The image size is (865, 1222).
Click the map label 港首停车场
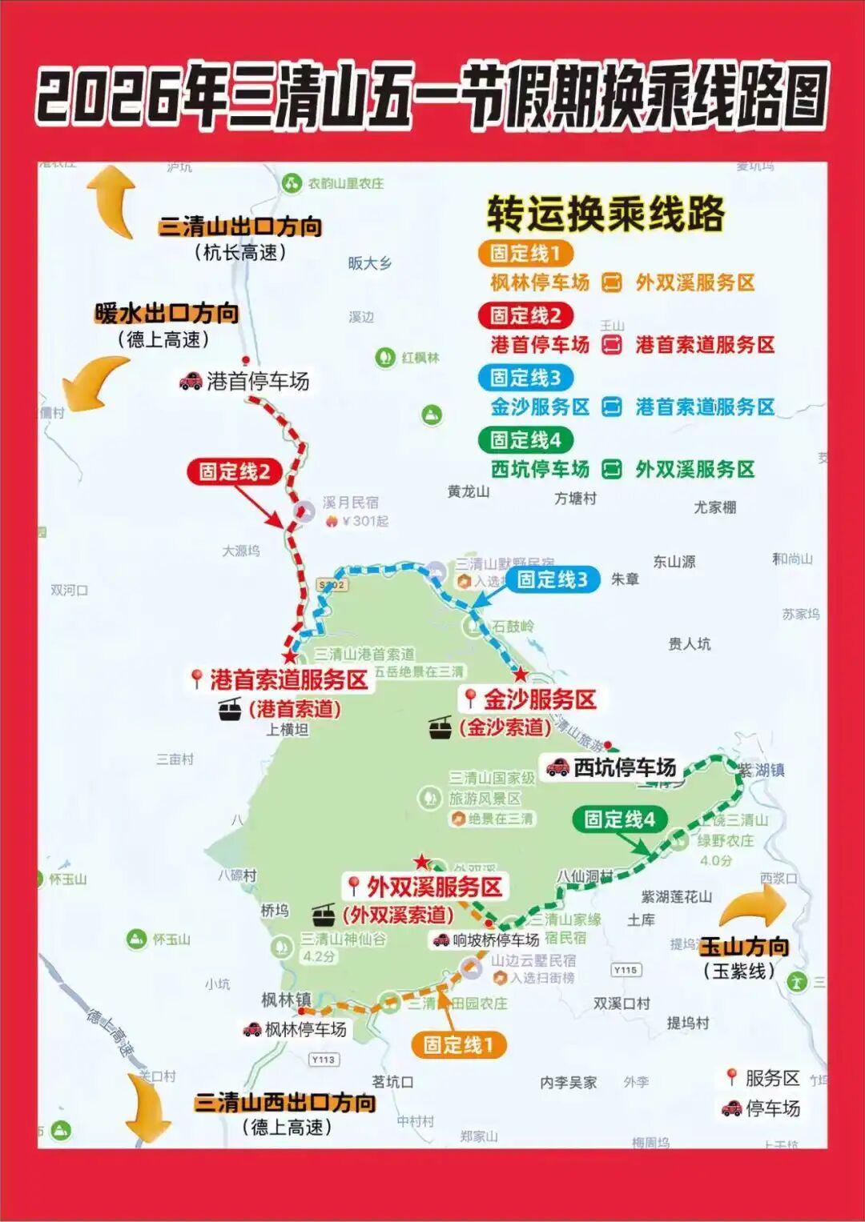(x=257, y=381)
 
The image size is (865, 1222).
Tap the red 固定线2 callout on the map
(x=234, y=471)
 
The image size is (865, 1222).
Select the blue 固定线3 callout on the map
(x=552, y=579)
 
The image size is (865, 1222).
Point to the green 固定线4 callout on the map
(x=619, y=819)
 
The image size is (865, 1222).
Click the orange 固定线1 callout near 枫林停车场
(x=458, y=1044)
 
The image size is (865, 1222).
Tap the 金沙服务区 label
(x=539, y=699)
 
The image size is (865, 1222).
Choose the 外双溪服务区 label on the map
(x=433, y=887)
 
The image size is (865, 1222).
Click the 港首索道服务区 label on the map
(x=288, y=679)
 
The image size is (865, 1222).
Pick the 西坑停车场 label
(x=624, y=767)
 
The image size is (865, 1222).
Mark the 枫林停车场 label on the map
(x=305, y=1029)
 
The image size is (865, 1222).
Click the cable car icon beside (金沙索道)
(x=440, y=727)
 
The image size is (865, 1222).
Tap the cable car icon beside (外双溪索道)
(x=323, y=914)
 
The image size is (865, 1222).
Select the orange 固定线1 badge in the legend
(x=525, y=254)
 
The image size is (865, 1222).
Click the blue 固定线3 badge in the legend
(x=525, y=377)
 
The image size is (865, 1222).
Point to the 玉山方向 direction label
(x=744, y=947)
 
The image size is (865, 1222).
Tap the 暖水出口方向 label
(x=167, y=313)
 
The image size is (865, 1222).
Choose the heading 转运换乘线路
(x=605, y=214)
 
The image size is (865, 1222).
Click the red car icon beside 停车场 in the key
(x=731, y=1108)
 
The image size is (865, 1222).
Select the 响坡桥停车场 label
(x=496, y=940)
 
